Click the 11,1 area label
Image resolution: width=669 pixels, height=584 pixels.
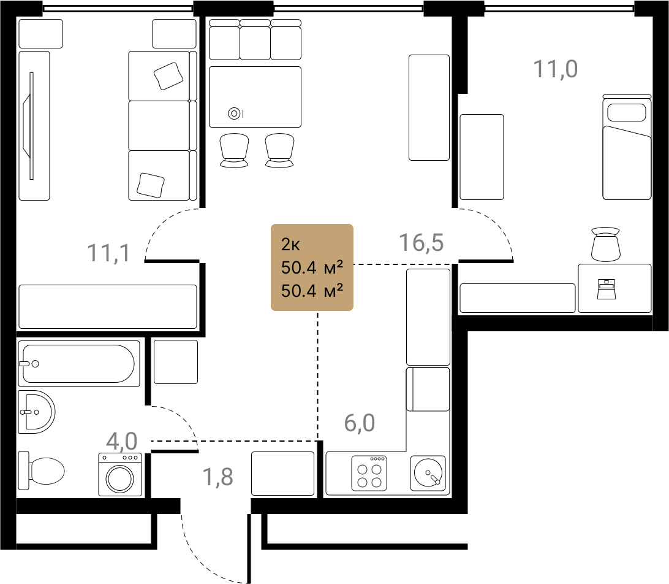point(109,253)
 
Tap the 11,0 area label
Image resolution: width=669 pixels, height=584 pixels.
point(556,69)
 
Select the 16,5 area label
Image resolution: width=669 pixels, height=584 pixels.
point(421,242)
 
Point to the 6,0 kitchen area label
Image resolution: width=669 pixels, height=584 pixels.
point(360,423)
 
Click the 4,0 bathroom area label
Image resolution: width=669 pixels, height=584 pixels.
point(122,441)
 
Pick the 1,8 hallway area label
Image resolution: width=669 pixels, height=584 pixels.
point(218,477)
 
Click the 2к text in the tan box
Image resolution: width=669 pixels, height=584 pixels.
point(290,244)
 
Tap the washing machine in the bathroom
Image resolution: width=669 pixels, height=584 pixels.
point(120,475)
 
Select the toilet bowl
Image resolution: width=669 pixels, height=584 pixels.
point(42,471)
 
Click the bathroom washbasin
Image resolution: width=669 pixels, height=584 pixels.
point(36,412)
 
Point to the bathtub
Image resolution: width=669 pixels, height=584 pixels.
point(79,364)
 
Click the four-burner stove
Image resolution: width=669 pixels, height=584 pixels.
point(369,473)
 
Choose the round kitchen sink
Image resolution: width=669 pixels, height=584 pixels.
point(428,473)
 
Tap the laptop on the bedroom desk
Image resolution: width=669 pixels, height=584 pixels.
point(607,289)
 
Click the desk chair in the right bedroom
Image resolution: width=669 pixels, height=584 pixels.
point(606,244)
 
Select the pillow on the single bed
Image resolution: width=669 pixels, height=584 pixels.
point(626,112)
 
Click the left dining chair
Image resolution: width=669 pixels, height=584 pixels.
point(234,150)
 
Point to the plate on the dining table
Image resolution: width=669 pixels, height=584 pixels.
point(234,113)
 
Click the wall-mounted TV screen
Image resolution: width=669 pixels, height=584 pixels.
point(31,126)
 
